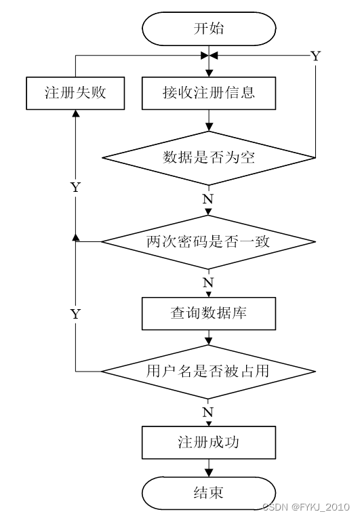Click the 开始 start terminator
[x=209, y=28]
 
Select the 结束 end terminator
[x=209, y=493]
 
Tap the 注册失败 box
[x=75, y=93]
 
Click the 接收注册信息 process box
[x=209, y=93]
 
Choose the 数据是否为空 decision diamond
[x=209, y=158]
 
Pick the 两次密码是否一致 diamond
[x=209, y=242]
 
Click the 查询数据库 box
[x=209, y=313]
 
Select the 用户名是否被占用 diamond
[x=209, y=372]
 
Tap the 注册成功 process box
[x=209, y=442]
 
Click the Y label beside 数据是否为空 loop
[x=316, y=56]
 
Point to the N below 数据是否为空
[x=208, y=199]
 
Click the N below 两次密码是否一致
[x=208, y=283]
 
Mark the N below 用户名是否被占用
[x=208, y=412]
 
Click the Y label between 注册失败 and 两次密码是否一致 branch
[x=76, y=187]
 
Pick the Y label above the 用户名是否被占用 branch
[x=76, y=313]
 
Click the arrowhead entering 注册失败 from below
[x=76, y=113]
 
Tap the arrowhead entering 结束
[x=209, y=473]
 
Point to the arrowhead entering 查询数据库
[x=209, y=294]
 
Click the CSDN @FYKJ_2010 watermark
[x=306, y=506]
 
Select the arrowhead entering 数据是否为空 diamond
[x=209, y=127]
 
